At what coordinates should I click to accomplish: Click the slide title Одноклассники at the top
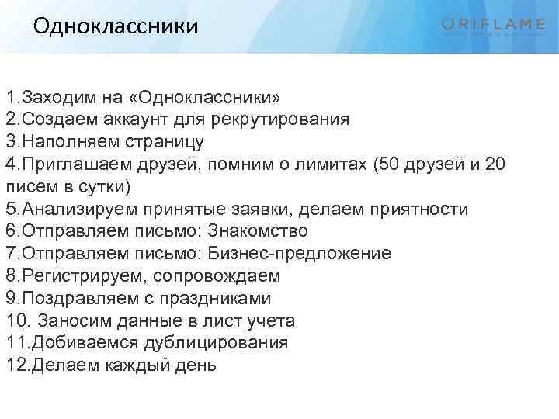tap(116, 26)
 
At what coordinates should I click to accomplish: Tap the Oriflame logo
tap(493, 26)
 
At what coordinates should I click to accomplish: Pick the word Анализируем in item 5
tap(75, 209)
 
